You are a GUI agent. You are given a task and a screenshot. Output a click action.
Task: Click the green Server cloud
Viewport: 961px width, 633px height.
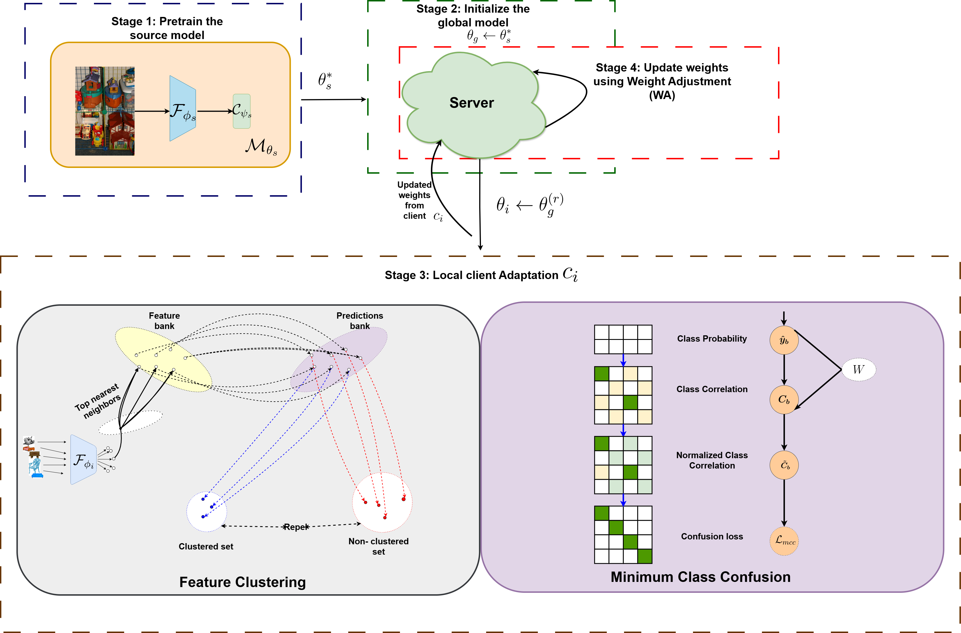click(x=472, y=105)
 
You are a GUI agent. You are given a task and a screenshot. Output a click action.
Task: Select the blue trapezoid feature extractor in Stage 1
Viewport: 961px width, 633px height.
click(x=183, y=109)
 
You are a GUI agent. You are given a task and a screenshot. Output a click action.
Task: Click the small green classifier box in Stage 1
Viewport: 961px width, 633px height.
click(x=242, y=111)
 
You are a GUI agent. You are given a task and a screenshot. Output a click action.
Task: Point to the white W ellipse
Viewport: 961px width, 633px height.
click(x=858, y=369)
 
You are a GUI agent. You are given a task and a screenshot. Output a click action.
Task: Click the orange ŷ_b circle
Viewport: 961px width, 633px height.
click(x=784, y=340)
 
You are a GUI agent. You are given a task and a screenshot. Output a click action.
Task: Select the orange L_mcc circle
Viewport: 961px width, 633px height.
click(x=784, y=541)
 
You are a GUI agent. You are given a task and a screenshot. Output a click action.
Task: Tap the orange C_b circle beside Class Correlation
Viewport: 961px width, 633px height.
click(x=784, y=400)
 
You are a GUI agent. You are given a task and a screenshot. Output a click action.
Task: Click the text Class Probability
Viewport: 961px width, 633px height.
click(x=712, y=339)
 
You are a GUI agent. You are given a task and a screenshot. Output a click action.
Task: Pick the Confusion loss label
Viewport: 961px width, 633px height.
click(x=712, y=537)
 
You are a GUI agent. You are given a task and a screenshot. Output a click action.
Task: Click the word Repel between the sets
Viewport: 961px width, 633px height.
click(x=296, y=527)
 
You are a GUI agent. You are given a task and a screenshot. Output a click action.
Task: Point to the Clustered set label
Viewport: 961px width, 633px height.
click(x=206, y=546)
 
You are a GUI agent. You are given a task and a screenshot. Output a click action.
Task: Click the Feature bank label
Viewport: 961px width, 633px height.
click(x=164, y=321)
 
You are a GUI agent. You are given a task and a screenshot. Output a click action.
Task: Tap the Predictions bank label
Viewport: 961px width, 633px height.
click(x=359, y=321)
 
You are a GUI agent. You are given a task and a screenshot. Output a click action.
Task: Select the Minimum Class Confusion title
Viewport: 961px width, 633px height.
click(x=700, y=577)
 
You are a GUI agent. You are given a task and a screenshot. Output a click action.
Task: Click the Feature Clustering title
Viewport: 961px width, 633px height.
click(x=242, y=582)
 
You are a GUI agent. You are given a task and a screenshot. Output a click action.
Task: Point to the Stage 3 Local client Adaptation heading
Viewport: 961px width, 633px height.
click(x=481, y=275)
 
